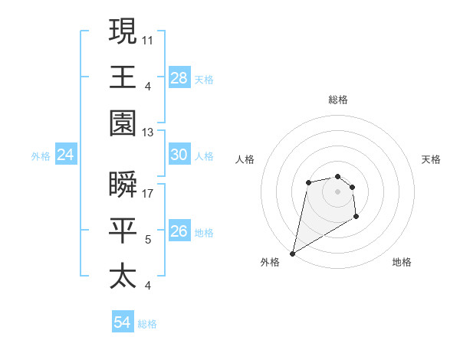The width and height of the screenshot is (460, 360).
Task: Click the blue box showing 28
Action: click(179, 77)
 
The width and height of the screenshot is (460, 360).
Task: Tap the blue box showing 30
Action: click(179, 155)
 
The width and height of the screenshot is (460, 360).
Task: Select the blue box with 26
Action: click(179, 231)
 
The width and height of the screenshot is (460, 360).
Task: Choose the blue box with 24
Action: click(66, 155)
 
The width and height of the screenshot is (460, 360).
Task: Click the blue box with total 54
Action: click(123, 322)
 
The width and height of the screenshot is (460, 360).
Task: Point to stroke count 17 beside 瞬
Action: click(149, 193)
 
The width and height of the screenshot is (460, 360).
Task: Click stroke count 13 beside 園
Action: click(149, 133)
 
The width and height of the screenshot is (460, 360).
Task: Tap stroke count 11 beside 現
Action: click(149, 39)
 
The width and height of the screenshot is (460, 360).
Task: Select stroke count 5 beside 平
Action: click(149, 240)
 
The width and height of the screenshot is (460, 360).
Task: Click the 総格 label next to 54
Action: click(147, 324)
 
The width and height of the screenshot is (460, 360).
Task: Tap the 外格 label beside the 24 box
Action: click(41, 156)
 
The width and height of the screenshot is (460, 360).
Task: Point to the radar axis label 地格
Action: click(402, 262)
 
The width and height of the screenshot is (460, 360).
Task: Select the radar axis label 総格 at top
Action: click(338, 100)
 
